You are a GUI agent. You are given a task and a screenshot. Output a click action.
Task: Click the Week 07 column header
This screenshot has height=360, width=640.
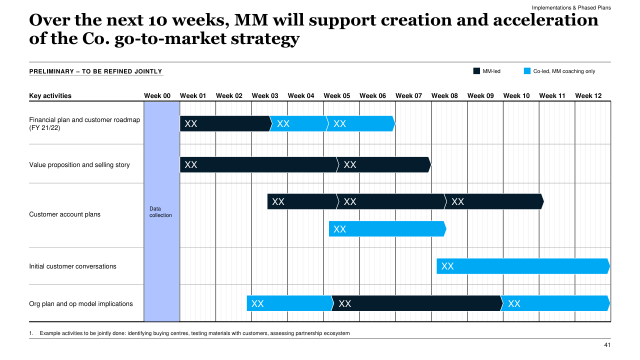(408, 96)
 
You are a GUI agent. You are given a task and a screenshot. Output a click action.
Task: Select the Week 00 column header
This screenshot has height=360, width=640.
(157, 96)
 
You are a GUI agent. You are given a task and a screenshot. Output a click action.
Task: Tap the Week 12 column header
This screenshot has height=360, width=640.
(588, 96)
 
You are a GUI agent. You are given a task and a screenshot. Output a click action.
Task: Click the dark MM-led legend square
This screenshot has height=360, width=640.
(476, 71)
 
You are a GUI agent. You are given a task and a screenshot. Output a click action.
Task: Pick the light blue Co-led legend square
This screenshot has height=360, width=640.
(527, 71)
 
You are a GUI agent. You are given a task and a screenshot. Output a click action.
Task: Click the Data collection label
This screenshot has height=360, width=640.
(160, 212)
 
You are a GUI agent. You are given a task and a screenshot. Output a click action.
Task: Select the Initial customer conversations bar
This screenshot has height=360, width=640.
(522, 266)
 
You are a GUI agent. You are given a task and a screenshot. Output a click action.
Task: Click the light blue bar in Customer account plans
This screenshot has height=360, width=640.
(387, 229)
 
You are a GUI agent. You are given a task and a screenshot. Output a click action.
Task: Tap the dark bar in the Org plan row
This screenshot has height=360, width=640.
(416, 303)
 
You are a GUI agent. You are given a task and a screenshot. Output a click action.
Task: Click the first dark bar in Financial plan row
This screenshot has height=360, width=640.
(225, 123)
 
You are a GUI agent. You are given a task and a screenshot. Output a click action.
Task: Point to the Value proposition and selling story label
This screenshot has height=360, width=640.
(79, 165)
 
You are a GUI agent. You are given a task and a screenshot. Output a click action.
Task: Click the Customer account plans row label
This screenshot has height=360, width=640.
(65, 214)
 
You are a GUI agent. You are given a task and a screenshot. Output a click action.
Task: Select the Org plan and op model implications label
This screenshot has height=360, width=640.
(81, 304)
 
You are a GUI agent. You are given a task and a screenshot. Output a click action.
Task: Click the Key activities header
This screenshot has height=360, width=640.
(50, 96)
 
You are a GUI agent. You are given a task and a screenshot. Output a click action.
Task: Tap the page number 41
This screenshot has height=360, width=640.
(607, 345)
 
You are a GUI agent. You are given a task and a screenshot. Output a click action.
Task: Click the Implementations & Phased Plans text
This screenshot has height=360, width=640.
(571, 8)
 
